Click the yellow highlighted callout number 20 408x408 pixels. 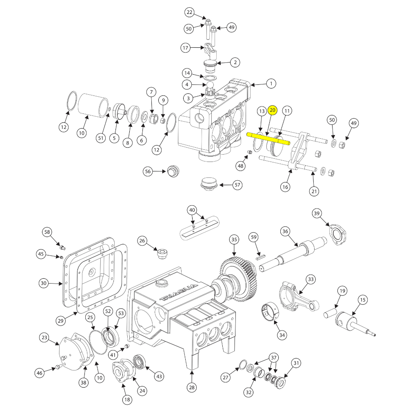pos(273,110)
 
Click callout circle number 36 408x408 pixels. pos(285,231)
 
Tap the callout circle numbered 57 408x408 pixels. pos(237,185)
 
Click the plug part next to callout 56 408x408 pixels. pos(173,171)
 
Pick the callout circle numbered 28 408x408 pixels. pos(192,387)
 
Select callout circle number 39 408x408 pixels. pos(317,213)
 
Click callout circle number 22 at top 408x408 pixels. pos(189,13)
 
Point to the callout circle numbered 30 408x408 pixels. pos(44,283)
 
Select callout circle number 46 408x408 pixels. pos(40,373)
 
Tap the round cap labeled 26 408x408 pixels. pos(162,254)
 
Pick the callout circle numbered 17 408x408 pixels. pos(186,48)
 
